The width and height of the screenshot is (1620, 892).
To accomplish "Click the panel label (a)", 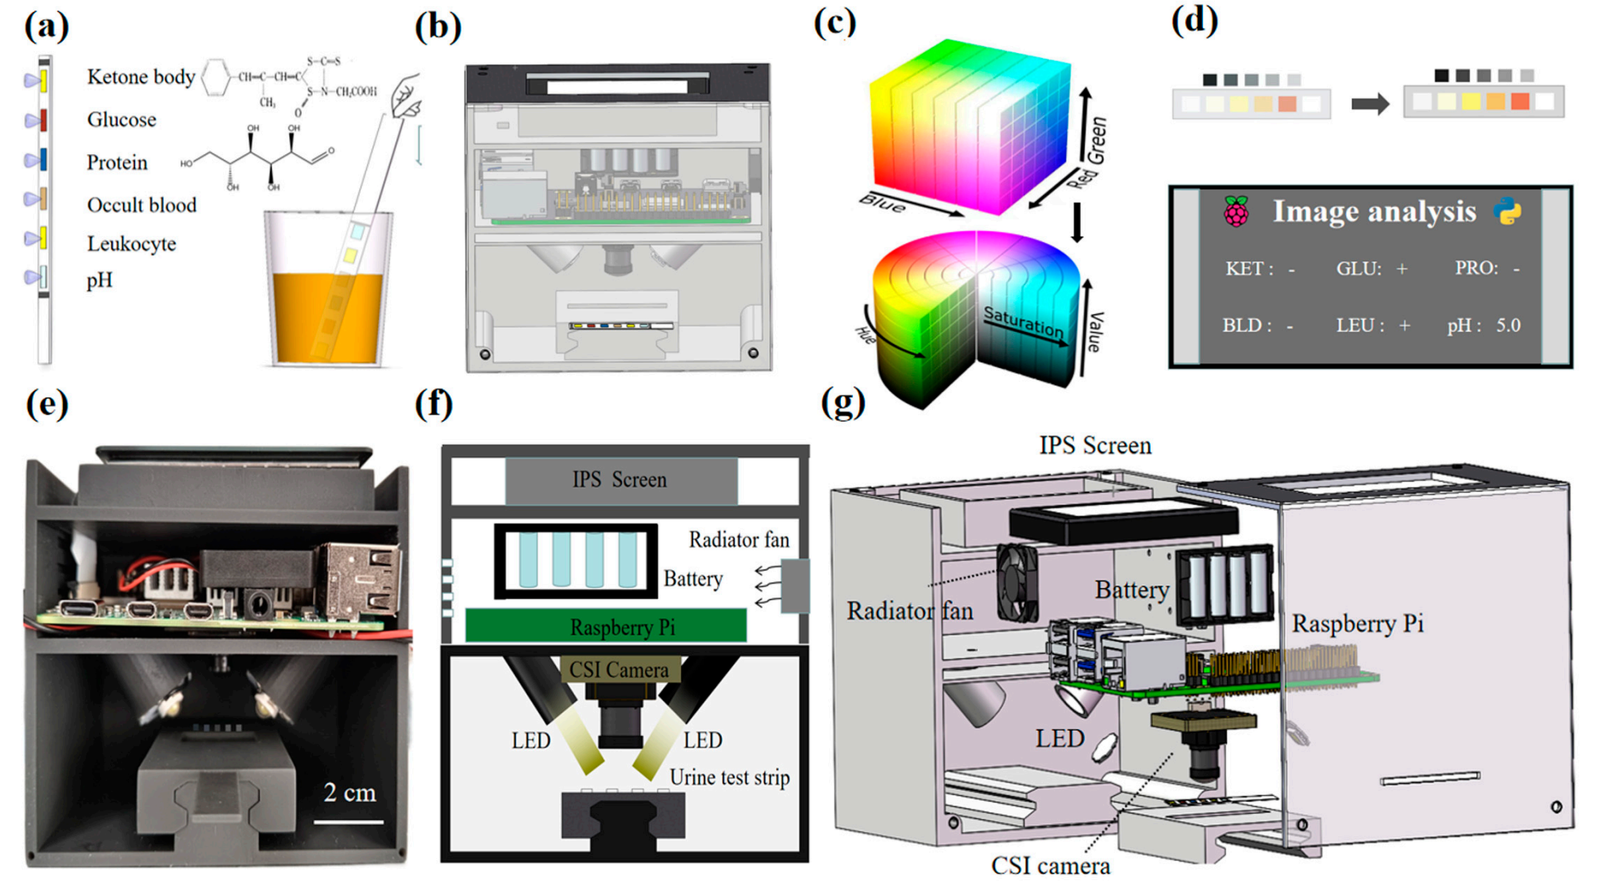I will [46, 25].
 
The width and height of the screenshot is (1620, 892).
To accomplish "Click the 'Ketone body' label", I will [141, 77].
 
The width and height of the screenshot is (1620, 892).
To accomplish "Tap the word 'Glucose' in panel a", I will [121, 120].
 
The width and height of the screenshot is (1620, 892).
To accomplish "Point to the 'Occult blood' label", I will [141, 205].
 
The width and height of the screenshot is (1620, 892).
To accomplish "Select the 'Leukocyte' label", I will [131, 244].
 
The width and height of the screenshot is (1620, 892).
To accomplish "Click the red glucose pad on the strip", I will [43, 121].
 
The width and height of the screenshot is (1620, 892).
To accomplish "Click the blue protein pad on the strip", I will [43, 160].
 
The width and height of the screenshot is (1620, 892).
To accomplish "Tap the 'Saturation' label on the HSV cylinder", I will [1023, 322].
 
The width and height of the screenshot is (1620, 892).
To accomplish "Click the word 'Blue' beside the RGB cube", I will [881, 205].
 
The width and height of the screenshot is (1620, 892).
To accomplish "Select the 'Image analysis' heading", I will [1374, 211].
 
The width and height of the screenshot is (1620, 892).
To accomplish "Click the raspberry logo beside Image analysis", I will [1236, 212].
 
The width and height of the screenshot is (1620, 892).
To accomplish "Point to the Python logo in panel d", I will [1506, 211].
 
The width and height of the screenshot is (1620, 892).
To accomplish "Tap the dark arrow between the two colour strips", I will [1370, 103].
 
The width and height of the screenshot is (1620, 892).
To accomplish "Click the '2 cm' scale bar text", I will [349, 793].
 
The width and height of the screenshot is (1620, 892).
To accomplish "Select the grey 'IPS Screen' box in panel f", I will [620, 480].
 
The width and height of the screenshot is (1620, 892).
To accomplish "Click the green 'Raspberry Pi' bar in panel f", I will [605, 626].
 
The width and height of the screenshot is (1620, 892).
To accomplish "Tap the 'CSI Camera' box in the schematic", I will [619, 670].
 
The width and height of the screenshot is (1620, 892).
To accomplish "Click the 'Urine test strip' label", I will [729, 778].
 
